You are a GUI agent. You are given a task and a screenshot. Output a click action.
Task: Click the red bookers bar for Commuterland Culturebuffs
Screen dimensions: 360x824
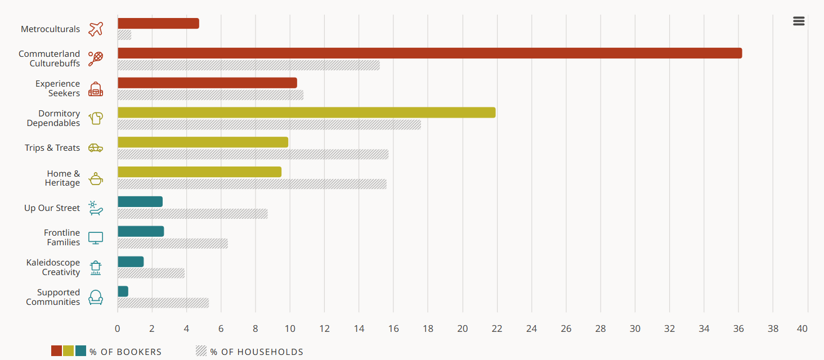429,53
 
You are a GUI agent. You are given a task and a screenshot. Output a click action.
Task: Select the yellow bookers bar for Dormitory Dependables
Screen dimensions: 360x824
306,112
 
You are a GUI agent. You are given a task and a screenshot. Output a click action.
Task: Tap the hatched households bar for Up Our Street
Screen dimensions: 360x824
192,214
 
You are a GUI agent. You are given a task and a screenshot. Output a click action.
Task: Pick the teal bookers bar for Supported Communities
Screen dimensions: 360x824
123,291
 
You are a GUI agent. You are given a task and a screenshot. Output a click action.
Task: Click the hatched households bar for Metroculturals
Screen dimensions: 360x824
124,35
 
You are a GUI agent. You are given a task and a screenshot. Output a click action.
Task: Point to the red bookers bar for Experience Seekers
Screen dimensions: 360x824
207,83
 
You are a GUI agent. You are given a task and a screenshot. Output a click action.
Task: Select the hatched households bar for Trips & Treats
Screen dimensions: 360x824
253,154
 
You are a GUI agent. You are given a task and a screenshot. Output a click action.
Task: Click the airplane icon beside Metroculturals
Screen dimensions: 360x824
96,29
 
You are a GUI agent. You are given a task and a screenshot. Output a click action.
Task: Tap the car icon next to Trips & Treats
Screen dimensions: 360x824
96,148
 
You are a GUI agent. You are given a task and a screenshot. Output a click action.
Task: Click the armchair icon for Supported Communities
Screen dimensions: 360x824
96,297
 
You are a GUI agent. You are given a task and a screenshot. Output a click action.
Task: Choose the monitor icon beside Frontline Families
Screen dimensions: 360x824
96,238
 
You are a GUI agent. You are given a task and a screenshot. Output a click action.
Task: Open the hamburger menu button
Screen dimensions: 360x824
799,21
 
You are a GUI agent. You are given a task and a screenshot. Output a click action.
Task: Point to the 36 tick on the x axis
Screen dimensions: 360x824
738,328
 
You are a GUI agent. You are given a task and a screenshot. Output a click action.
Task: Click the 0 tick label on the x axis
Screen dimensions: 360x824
118,328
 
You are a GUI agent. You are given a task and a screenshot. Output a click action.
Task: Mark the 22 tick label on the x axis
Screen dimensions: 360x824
497,328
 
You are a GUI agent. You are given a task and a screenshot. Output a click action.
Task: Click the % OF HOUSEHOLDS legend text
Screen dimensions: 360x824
257,352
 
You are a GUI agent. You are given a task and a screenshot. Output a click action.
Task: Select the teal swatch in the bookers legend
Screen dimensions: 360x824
80,351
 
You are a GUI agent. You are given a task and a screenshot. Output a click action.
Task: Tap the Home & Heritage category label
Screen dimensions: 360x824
62,178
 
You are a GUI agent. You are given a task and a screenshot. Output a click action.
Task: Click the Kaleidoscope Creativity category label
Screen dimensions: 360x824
53,267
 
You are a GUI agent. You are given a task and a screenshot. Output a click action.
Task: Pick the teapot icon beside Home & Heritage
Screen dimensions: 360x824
96,179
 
